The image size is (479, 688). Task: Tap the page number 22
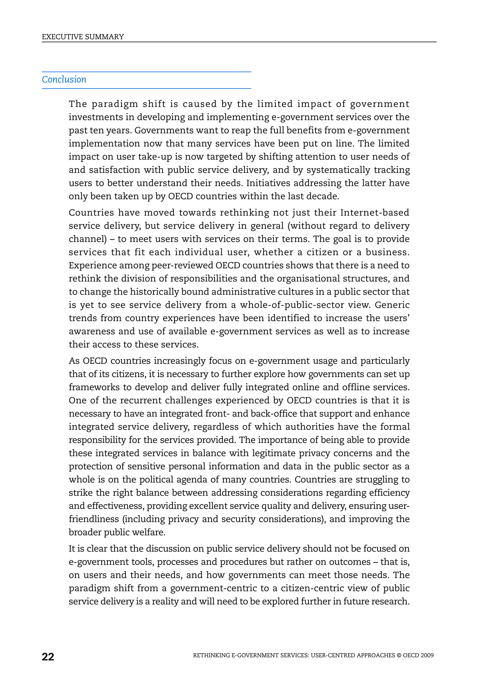(x=48, y=657)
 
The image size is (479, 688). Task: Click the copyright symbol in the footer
(x=399, y=655)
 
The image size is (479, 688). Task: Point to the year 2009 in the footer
(x=427, y=655)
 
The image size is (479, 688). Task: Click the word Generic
(x=392, y=305)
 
